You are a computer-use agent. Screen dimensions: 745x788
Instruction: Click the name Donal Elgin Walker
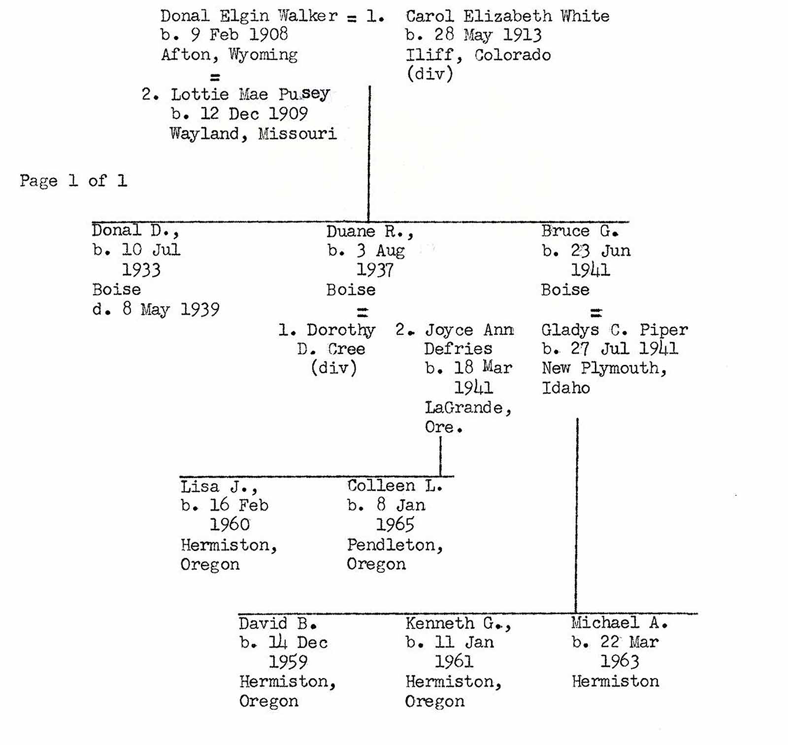[249, 16]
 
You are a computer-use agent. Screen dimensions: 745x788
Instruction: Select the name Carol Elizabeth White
[507, 16]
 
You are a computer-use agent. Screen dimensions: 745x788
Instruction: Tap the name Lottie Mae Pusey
[250, 94]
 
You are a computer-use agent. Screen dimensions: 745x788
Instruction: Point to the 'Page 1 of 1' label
[73, 181]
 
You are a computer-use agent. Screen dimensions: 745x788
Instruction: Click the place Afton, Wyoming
[229, 55]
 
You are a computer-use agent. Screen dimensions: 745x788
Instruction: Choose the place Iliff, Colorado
[478, 55]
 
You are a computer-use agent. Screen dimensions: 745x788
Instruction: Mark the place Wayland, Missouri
[253, 133]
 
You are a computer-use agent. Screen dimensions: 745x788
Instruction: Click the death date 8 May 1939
[156, 309]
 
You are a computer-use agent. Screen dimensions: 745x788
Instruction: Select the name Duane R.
[369, 231]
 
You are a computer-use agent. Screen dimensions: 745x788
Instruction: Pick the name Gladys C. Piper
[614, 329]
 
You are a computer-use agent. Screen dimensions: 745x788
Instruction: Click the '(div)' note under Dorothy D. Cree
[333, 368]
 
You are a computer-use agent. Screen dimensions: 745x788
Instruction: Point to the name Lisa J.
[219, 486]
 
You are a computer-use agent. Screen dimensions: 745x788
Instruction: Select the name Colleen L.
[394, 486]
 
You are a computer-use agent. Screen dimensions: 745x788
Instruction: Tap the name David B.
[277, 623]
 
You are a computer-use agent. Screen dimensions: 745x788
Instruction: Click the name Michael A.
[619, 623]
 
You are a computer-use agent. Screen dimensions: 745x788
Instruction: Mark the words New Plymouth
[604, 368]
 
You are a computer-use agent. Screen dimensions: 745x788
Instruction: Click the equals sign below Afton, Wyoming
[215, 77]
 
